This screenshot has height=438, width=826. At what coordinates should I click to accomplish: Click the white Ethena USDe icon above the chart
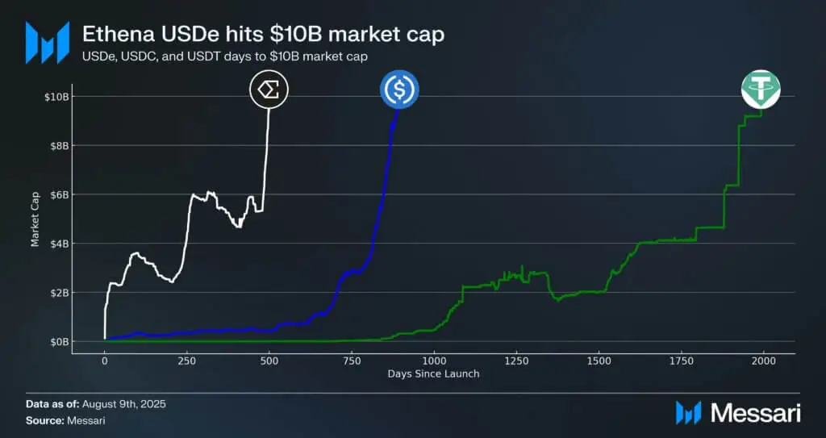269,90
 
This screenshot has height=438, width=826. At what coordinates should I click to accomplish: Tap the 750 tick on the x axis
351,359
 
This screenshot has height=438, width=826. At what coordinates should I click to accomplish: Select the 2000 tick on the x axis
763,359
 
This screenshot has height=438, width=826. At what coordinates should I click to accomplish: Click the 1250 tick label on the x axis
516,359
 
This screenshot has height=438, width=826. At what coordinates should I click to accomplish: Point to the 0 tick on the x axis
105,359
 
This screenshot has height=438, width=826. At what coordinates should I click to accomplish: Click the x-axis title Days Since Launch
433,373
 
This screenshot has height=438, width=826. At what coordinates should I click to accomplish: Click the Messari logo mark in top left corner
47,43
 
